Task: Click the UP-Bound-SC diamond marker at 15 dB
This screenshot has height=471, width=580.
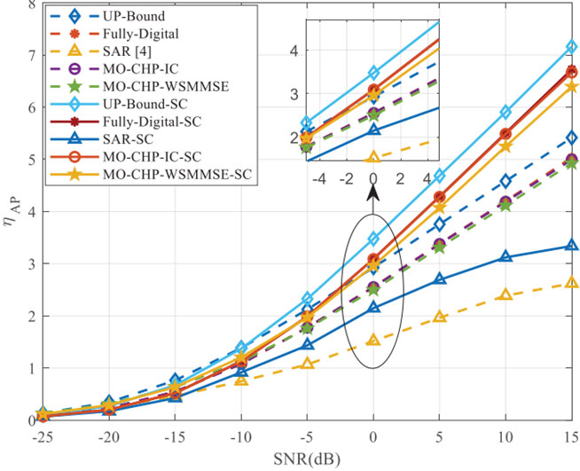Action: point(572,47)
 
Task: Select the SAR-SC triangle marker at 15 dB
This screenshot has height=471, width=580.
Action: point(572,246)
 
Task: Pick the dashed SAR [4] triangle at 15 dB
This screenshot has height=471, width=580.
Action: point(572,283)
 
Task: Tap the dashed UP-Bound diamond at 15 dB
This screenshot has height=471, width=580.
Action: point(572,137)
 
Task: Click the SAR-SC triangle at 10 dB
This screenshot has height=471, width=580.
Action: point(506,256)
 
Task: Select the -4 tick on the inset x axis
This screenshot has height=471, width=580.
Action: point(320,178)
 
